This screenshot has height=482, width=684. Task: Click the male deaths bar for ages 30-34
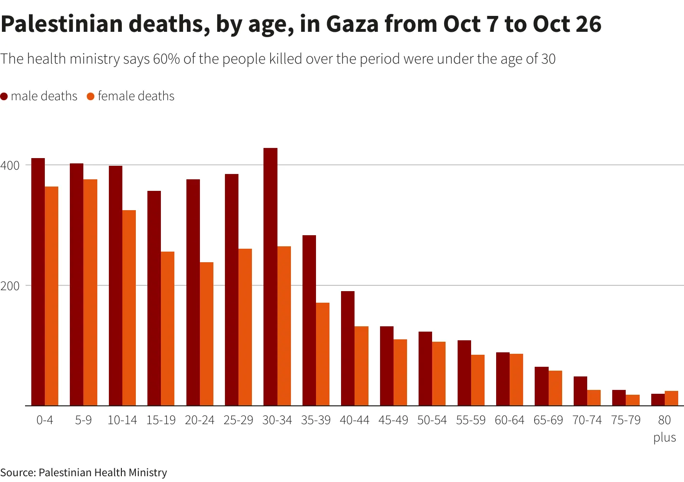270,277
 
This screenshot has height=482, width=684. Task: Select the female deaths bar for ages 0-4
52,296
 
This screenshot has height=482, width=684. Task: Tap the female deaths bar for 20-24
207,334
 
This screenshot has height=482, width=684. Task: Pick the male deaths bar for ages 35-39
309,321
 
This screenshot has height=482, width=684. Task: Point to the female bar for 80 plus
671,399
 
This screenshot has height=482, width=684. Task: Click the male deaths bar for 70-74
580,391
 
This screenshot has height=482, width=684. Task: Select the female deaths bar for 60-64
516,380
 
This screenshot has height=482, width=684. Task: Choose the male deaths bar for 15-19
154,298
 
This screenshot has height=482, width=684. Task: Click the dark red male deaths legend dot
4,96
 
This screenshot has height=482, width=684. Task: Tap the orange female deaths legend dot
91,96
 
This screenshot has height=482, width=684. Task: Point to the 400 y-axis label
10,165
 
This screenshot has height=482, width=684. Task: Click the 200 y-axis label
10,286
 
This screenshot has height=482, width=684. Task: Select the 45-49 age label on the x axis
393,420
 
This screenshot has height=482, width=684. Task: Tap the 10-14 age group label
122,420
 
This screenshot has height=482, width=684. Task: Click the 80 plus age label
665,428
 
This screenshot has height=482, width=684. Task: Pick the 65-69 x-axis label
548,420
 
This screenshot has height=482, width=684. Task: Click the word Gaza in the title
353,24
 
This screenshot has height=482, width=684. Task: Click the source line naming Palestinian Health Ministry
84,473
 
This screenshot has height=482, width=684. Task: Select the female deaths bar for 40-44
362,366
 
